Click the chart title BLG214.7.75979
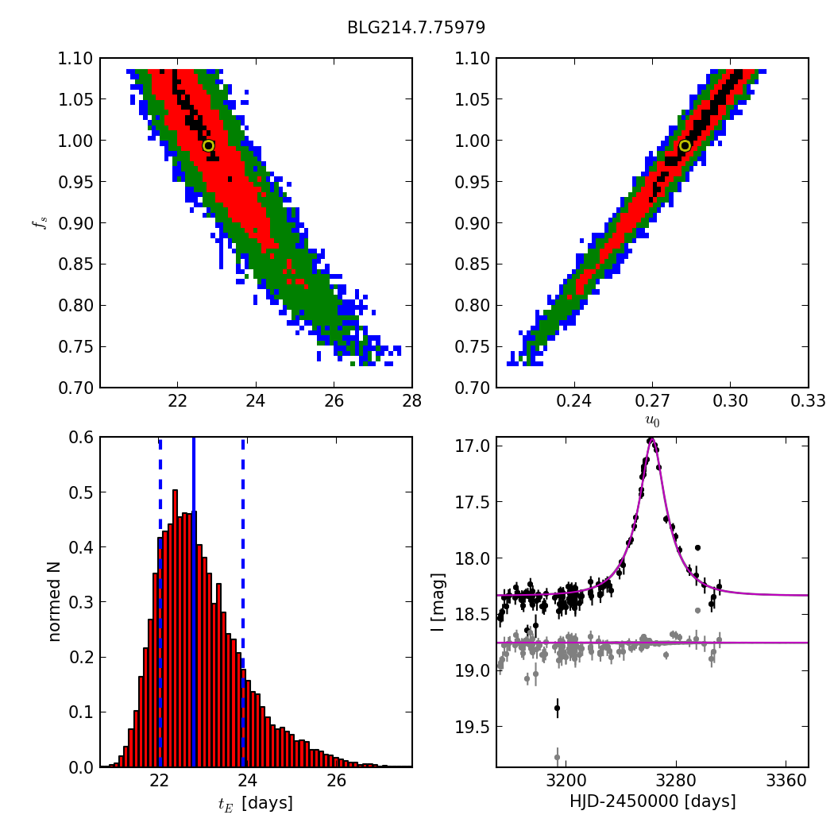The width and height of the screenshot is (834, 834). pos(416,28)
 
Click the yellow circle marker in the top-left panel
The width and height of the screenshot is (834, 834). pos(208,145)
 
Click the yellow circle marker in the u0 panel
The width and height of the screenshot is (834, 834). pos(685,145)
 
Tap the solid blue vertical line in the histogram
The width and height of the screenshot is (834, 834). pos(194,602)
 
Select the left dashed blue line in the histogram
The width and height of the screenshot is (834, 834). pos(160,602)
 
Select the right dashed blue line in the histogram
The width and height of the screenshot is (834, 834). pos(243,602)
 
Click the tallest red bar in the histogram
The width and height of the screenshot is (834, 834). pos(175,628)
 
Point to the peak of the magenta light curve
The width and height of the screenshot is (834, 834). pos(651,439)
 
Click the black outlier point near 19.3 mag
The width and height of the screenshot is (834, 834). pos(557,708)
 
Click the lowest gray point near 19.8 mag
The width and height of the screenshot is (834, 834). pos(557,757)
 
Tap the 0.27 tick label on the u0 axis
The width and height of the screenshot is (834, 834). pos(652,400)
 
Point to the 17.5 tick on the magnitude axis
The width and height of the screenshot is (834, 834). pos(473,501)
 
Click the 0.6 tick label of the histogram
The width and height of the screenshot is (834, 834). pos(81,437)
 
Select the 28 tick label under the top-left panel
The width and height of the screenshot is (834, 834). pos(412,400)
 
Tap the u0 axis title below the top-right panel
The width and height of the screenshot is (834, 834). pos(652,421)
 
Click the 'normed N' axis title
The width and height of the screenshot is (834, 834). pos(54,602)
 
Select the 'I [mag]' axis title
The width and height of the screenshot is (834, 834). pos(438,602)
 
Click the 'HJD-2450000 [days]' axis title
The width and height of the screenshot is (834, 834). pos(653,801)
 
